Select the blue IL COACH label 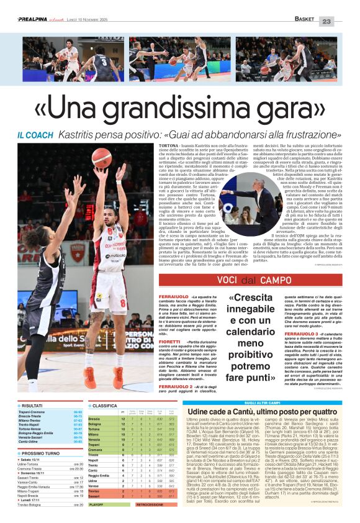point(35,135)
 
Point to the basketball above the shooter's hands point(101,158)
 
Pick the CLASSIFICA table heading point(105,405)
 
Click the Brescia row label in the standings point(96,419)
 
